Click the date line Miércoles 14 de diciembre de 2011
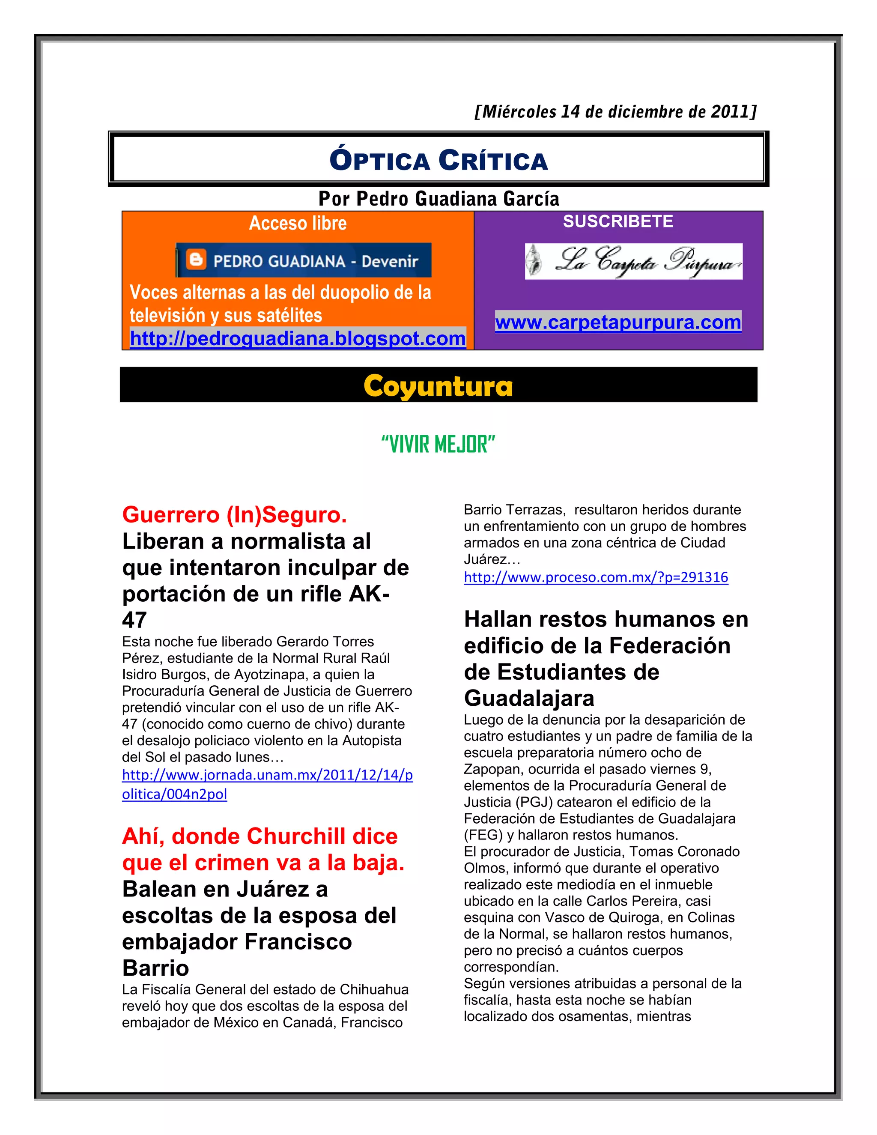pos(615,112)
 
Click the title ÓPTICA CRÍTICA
pos(438,160)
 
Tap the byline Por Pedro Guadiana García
pos(438,199)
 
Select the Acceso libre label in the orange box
pos(298,223)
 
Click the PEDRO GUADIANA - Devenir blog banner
pos(304,260)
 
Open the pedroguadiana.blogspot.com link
pos(298,338)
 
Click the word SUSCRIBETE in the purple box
pos(618,221)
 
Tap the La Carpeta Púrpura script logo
pos(633,261)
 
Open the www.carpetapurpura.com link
pos(618,322)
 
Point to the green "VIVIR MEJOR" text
pos(438,444)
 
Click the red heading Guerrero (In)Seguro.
pos(234,514)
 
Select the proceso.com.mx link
pos(596,577)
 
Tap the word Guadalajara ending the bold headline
pos(529,698)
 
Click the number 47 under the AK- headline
pos(134,620)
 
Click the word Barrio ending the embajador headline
pos(155,968)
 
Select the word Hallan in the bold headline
pos(497,619)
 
